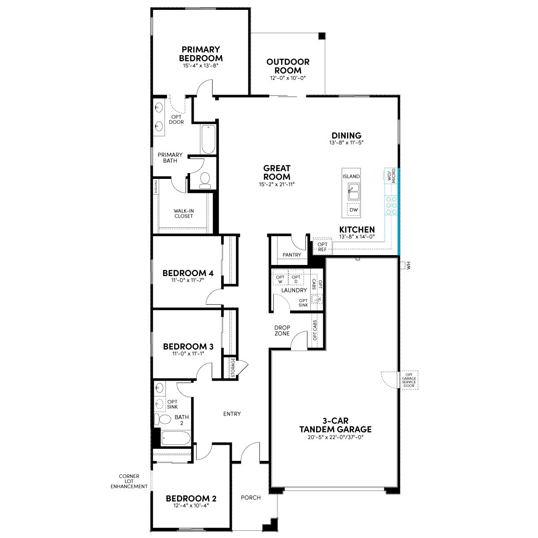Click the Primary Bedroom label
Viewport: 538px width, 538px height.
[201, 54]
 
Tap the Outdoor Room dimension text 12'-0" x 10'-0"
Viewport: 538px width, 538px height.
[288, 78]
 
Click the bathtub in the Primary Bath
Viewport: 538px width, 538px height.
[208, 139]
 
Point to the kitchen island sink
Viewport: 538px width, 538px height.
[353, 191]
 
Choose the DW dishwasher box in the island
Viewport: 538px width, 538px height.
[353, 210]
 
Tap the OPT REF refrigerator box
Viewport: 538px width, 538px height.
[322, 247]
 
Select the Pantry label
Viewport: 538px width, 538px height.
[292, 255]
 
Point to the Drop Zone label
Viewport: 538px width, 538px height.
[282, 330]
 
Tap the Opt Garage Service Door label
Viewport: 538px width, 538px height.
[409, 380]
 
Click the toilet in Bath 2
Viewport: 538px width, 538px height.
[162, 419]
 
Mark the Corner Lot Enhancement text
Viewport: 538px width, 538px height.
[129, 481]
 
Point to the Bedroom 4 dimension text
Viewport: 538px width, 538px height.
[188, 280]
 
